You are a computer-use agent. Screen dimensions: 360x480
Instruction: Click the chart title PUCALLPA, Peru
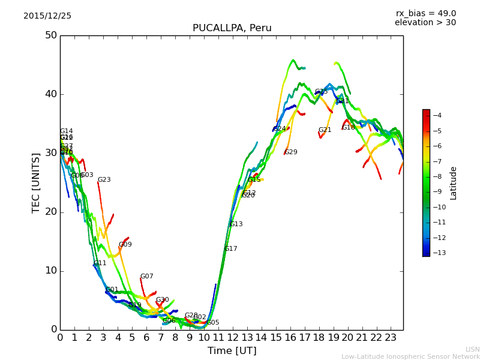coord(232,28)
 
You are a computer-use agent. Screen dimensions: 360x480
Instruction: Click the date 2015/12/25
coord(47,16)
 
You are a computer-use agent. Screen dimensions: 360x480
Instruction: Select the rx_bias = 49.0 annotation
coord(425,13)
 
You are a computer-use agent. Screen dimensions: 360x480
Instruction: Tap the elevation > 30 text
coord(425,23)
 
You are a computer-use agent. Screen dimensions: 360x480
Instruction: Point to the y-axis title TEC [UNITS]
coord(36,182)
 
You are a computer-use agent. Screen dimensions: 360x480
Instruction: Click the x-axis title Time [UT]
coord(232,350)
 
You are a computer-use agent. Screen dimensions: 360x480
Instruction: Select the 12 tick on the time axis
coord(232,337)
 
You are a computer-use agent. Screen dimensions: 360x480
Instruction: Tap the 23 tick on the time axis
coord(391,337)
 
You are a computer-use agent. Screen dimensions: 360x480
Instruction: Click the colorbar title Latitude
coord(454,183)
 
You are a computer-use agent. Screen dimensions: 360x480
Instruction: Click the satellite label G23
coord(104,180)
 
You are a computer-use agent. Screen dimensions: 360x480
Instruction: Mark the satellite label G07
coord(147,277)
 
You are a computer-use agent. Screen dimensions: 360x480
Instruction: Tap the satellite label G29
coord(291,152)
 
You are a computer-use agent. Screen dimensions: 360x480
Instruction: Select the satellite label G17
coord(231,249)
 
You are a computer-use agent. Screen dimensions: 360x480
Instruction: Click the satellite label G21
coord(325,130)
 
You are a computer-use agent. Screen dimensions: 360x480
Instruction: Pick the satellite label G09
coord(125,245)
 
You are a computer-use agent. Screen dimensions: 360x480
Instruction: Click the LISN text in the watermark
coord(472,349)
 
